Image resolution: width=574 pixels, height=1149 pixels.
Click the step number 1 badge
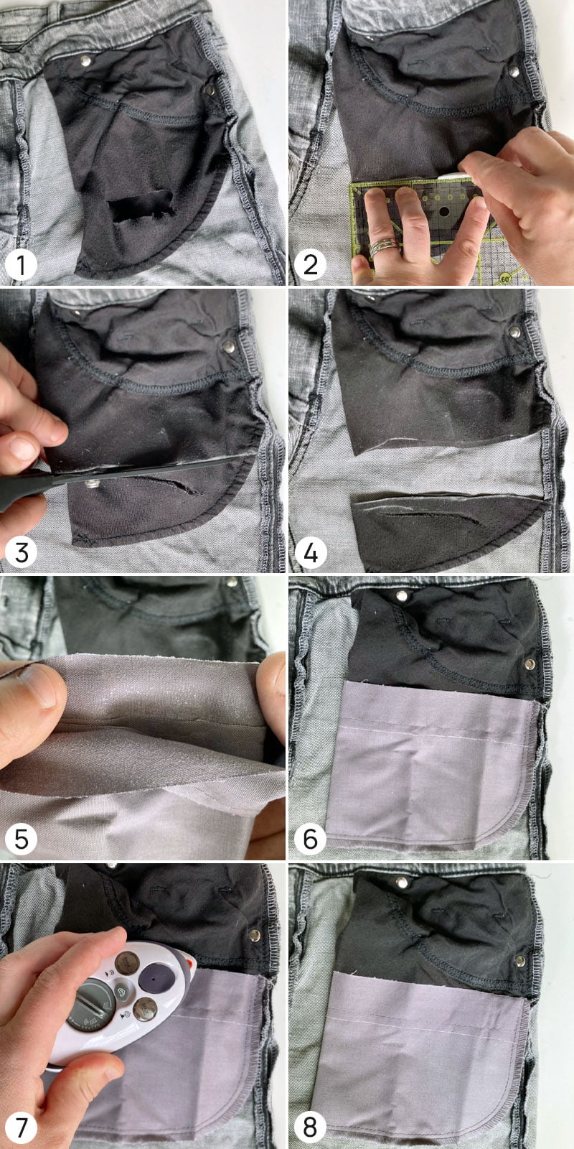coord(21,265)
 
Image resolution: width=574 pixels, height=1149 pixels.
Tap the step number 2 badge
coord(310,265)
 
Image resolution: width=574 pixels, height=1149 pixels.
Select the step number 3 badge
coord(21,552)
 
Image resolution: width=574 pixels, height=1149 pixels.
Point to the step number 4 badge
coord(310,552)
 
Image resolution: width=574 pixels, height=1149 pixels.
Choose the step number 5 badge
coord(21,839)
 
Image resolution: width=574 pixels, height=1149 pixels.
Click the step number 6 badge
coord(310,839)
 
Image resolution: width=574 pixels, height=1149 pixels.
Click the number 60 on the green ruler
coord(505,279)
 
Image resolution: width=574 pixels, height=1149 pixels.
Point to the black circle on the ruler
coord(444,211)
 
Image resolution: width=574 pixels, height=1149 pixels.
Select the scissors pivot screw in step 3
coord(93,483)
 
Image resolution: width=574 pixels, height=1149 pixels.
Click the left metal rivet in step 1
coord(85,61)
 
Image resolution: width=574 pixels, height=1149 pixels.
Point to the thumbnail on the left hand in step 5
coord(35,687)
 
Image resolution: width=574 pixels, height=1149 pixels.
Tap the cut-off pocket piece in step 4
coord(446,529)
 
